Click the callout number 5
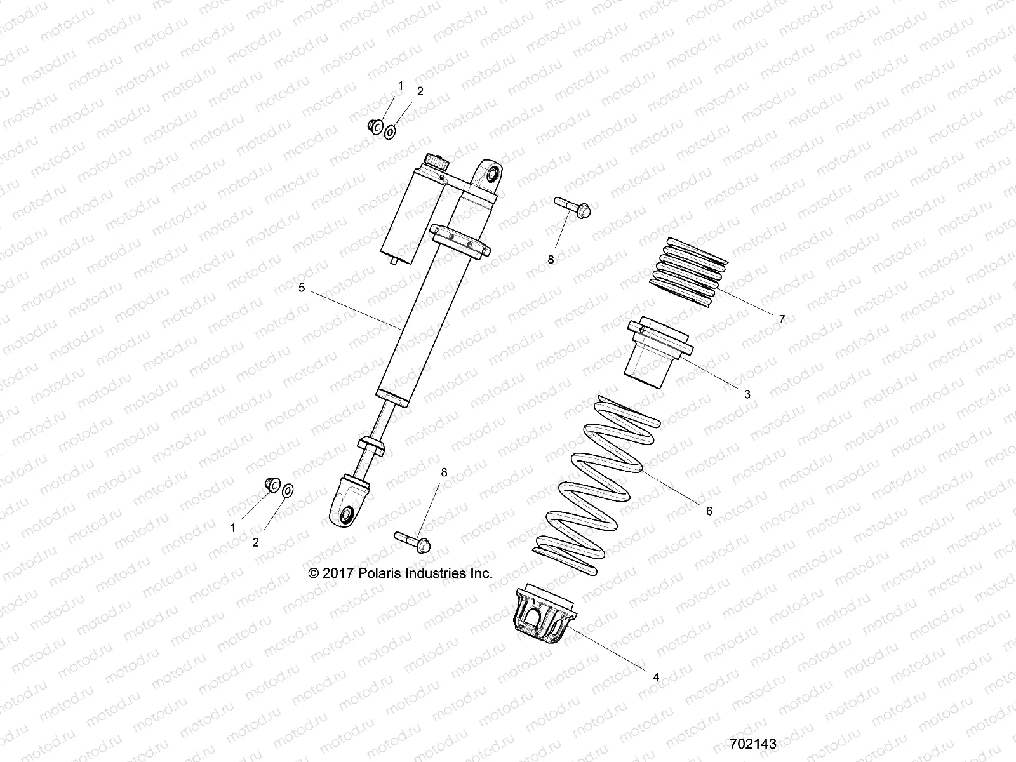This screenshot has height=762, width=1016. pos(302,288)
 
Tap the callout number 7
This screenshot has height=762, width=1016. pos(782,319)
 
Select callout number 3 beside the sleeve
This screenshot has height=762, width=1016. pos(747,394)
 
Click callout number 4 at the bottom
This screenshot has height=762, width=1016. pos(656,678)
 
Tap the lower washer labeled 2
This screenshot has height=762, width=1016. pos(288,490)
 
